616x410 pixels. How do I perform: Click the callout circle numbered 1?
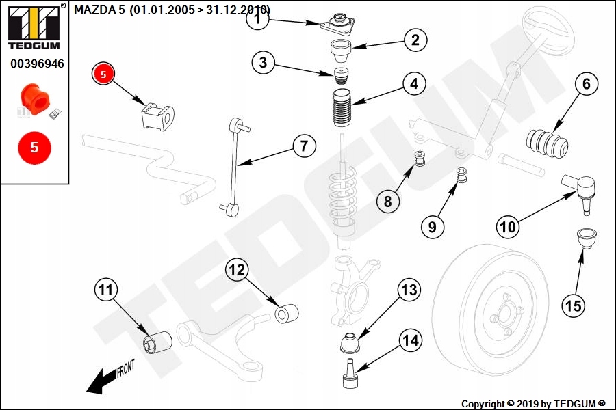click(x=258, y=19)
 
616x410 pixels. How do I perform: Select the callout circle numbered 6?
click(x=586, y=85)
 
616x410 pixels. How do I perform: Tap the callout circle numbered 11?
click(x=105, y=290)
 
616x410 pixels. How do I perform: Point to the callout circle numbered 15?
click(x=574, y=305)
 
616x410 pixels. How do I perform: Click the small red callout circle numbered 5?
click(x=103, y=74)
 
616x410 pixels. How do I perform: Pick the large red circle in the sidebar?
click(x=35, y=147)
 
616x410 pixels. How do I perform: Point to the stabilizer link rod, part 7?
click(x=236, y=164)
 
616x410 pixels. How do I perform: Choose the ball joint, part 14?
click(x=350, y=372)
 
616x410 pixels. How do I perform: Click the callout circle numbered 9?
click(x=432, y=226)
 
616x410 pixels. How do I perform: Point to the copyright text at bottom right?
click(x=533, y=404)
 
